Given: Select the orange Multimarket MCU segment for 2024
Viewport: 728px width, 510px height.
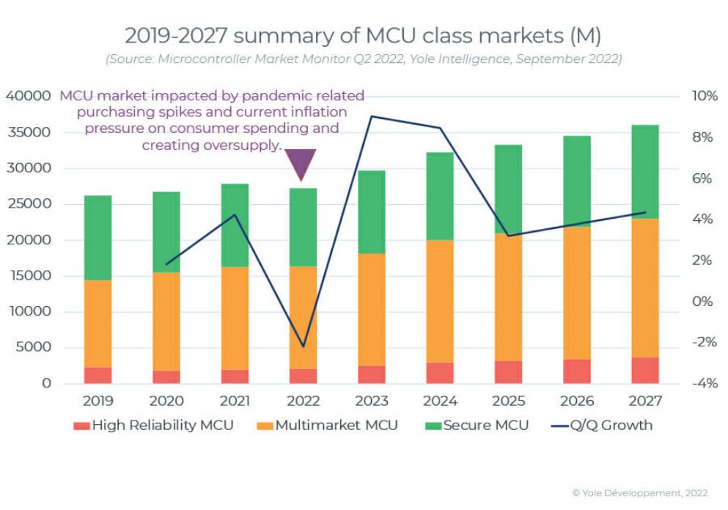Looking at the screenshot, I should click(x=440, y=301).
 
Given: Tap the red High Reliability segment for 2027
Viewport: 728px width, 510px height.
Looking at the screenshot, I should click(x=645, y=371).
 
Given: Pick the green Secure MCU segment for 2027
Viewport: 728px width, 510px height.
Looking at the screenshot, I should click(x=645, y=172).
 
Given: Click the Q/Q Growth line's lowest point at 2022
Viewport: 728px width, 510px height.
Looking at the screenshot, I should click(x=303, y=346).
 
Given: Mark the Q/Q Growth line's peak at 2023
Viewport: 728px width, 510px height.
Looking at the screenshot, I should click(x=372, y=116).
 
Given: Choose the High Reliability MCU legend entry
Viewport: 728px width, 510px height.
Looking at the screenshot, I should click(x=153, y=426).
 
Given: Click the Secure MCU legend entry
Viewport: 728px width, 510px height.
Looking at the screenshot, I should click(x=477, y=426).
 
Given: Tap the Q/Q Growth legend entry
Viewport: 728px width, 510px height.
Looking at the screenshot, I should click(x=601, y=426).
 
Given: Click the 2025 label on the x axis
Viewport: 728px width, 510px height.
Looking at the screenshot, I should click(x=508, y=401).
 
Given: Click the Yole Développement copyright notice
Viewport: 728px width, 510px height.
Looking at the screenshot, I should click(x=640, y=493).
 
